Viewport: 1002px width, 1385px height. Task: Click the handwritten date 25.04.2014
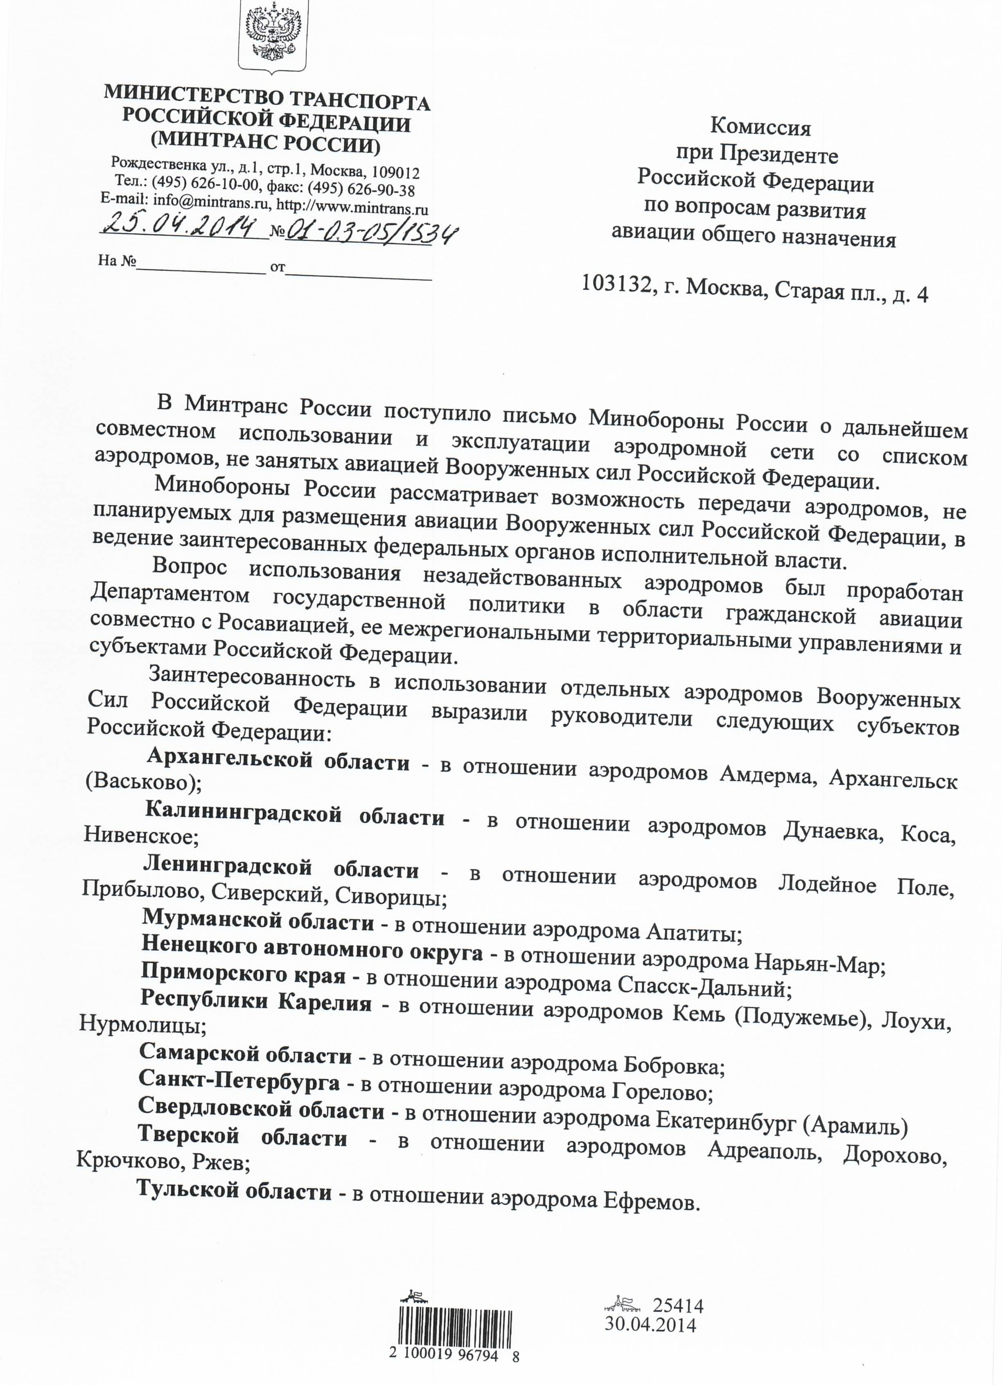pos(178,226)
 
